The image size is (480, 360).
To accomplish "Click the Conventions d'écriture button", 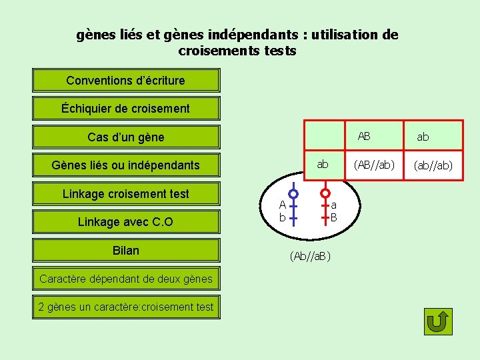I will (126, 81).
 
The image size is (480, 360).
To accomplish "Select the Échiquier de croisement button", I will (126, 109).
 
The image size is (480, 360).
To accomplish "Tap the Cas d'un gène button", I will (126, 137).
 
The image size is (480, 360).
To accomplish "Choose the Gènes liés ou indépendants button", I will (126, 165).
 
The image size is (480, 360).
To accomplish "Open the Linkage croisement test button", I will (126, 194).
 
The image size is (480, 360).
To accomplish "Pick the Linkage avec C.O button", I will (126, 222).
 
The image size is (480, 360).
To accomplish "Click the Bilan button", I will (126, 251).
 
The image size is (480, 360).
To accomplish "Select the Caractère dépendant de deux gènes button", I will (126, 279).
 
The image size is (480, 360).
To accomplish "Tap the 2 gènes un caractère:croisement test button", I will (126, 307).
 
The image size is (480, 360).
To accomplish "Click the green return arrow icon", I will (438, 322).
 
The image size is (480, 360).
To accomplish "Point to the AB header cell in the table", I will (364, 136).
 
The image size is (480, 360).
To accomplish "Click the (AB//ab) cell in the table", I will (374, 164).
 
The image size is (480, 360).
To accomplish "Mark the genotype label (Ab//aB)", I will (311, 256).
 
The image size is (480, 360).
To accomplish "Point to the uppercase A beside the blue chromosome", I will (282, 205).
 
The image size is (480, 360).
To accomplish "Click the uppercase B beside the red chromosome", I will (334, 217).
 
